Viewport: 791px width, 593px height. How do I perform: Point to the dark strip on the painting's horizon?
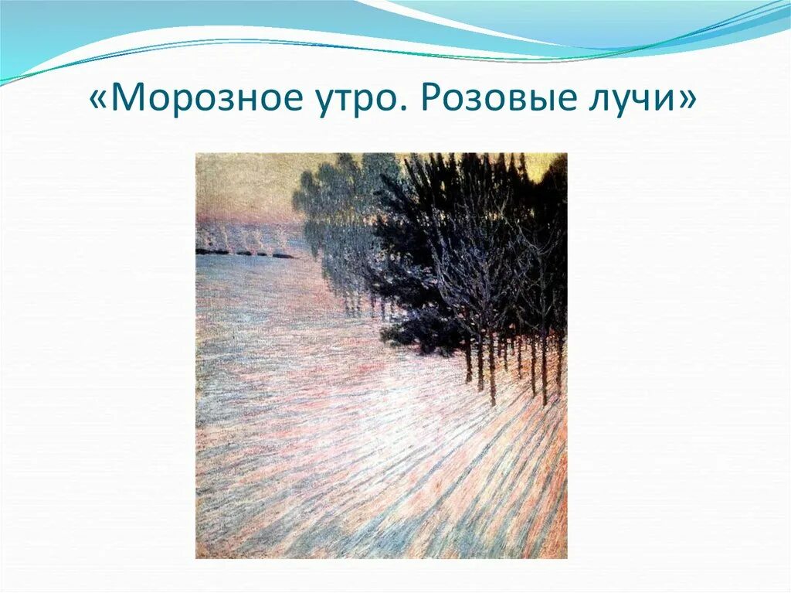click(243, 253)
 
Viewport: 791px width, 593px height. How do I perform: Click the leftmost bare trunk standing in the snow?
click(468, 363)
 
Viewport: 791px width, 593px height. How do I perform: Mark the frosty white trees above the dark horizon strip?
click(239, 236)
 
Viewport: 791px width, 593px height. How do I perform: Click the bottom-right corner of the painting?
click(565, 557)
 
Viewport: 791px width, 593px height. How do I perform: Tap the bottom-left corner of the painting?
click(197, 557)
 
